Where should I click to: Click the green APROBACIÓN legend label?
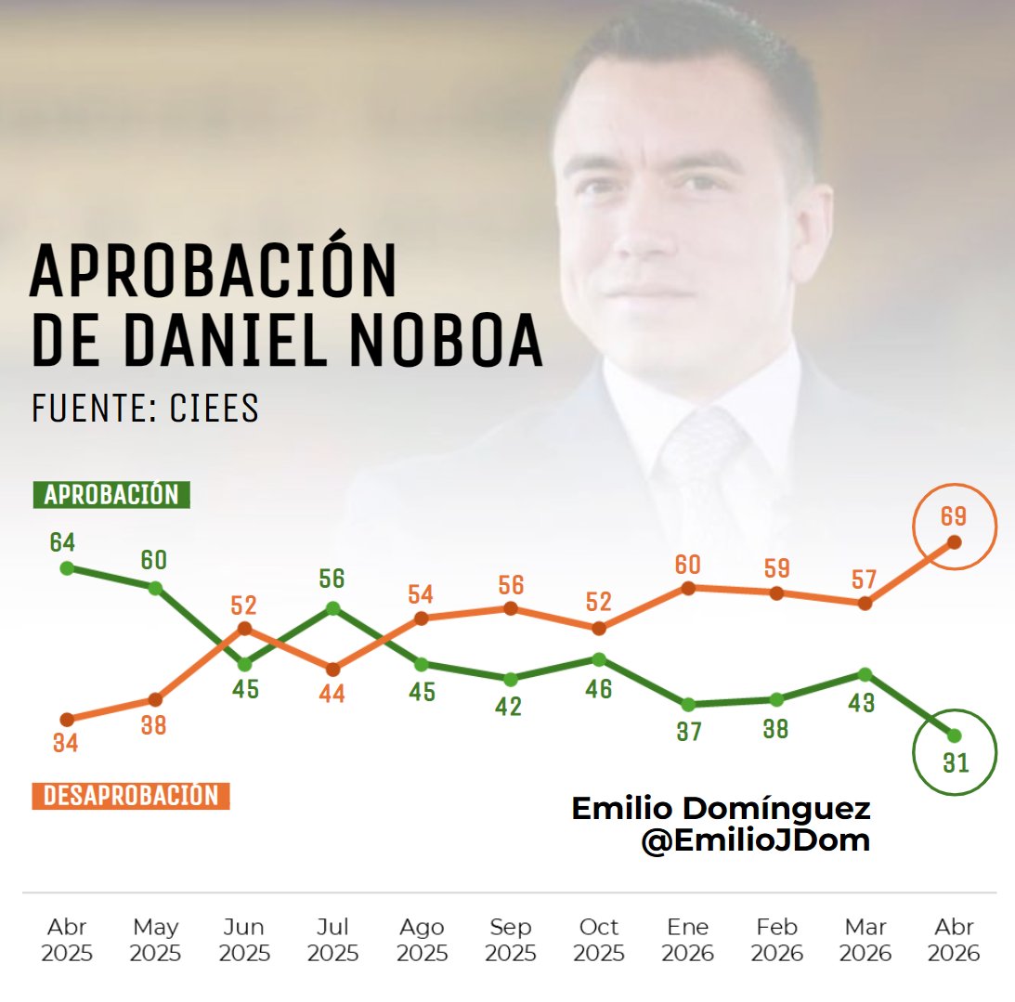111,495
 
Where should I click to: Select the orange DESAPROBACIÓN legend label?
131,796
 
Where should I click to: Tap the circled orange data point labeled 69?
954,541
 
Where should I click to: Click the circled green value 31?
955,763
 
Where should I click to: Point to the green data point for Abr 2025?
66,567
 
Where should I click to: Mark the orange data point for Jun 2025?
244,629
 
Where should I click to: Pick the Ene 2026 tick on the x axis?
688,940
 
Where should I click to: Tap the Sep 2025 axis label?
510,940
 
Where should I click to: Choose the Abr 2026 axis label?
954,940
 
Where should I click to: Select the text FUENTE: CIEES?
145,410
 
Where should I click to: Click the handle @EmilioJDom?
754,841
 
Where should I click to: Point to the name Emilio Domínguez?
721,808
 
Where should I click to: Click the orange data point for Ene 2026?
688,588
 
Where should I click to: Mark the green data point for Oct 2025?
599,659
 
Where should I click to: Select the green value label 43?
862,703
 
